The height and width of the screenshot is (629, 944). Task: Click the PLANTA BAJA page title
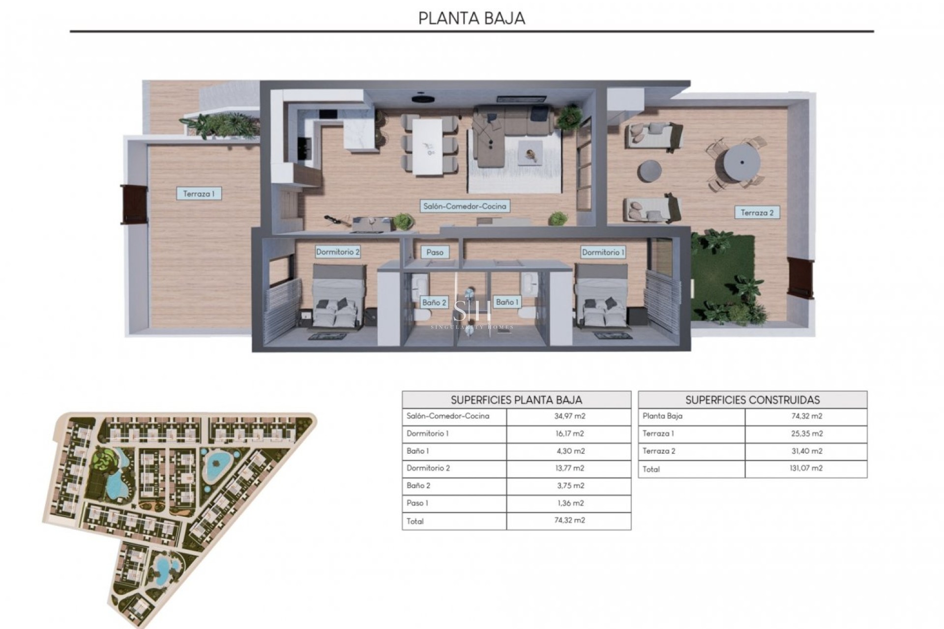[472, 18]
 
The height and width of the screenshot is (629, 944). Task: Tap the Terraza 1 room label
[199, 194]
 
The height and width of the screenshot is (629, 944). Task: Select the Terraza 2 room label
[757, 213]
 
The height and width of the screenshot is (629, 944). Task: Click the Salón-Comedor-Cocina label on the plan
[465, 206]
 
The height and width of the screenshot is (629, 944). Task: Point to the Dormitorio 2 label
[338, 252]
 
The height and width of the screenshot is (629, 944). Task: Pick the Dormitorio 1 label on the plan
[603, 252]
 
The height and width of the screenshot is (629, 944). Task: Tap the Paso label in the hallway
[435, 252]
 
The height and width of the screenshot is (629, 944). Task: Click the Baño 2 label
[434, 302]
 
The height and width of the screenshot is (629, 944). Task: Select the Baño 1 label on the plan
[507, 302]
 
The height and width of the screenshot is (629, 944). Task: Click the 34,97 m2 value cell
[569, 416]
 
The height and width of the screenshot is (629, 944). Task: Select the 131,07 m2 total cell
[806, 468]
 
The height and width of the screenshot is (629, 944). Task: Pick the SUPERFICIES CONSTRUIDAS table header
[752, 400]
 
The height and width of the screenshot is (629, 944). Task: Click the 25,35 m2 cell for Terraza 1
[806, 433]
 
